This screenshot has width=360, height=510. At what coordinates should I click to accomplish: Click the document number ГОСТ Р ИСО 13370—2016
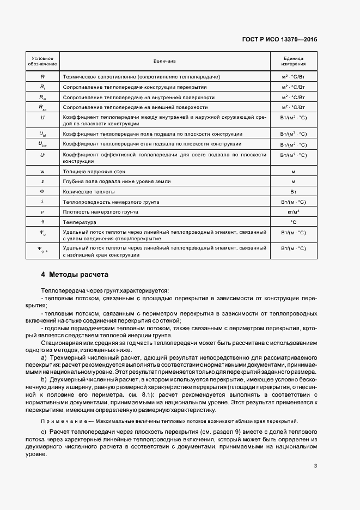pos(280,40)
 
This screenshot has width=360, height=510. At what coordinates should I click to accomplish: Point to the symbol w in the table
pos(42,171)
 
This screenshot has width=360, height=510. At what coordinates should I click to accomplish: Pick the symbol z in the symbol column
pos(42,181)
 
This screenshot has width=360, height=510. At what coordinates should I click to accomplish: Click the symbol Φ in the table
pos(42,192)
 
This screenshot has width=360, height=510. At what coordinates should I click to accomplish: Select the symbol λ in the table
pos(42,202)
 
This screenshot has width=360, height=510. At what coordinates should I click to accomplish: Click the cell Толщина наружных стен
pos(90,171)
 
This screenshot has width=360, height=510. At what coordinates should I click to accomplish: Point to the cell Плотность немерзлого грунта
pos(100,212)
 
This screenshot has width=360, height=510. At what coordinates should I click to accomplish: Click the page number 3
pos(315,465)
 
